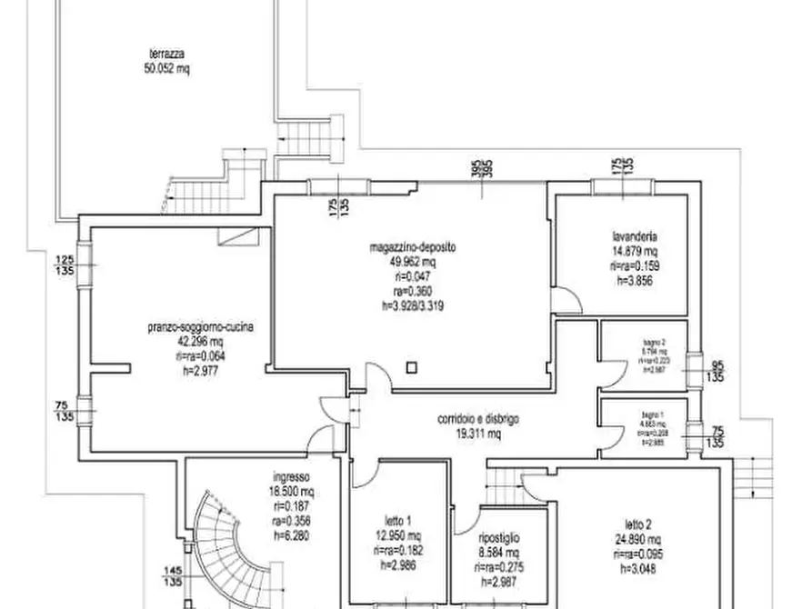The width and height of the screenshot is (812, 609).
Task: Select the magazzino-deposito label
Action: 412,246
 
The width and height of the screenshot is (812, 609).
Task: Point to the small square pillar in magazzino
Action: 412,367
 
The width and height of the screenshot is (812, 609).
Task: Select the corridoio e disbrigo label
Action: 479,420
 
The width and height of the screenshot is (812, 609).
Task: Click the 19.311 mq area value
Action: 479,434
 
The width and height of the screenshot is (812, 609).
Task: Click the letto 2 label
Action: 639,523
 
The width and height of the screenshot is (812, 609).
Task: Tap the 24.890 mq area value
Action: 639,537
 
